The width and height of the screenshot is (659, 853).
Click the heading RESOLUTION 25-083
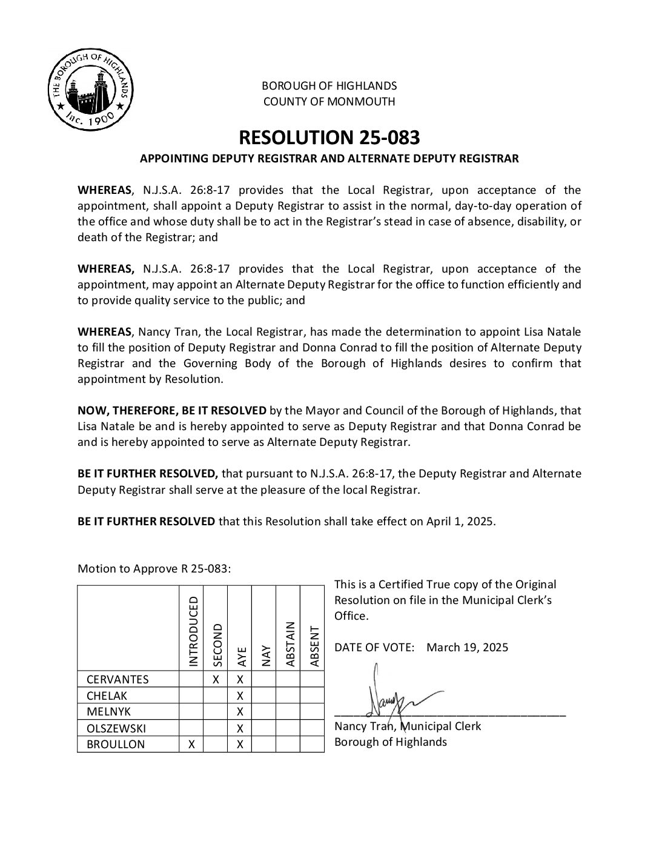tap(329, 138)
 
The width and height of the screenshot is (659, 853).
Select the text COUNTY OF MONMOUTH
tap(329, 102)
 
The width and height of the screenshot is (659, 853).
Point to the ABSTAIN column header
tap(290, 643)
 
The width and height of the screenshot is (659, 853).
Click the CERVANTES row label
tap(118, 679)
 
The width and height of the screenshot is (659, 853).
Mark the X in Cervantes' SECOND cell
tap(216, 679)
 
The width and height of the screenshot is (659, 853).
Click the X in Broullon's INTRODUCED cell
tap(191, 745)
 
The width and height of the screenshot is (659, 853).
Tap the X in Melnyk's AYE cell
tap(240, 712)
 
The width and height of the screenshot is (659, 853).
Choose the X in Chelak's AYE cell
tap(240, 695)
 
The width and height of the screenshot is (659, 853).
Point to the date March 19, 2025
tap(467, 647)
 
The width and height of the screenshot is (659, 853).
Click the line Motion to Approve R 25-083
tap(154, 568)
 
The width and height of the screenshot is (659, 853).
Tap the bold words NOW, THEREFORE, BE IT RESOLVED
tap(172, 411)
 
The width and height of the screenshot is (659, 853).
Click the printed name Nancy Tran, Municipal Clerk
tap(408, 726)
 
